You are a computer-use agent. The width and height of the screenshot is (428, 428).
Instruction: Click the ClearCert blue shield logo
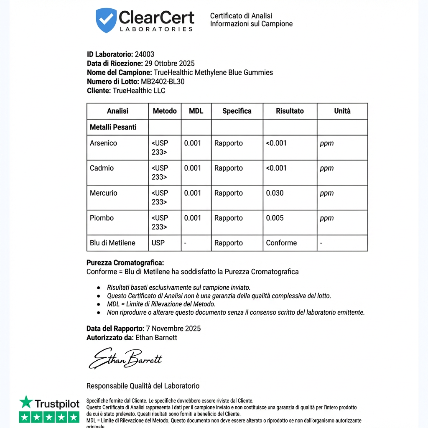pyautogui.click(x=106, y=20)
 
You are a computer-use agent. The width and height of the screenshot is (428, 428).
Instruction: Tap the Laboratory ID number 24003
pyautogui.click(x=144, y=54)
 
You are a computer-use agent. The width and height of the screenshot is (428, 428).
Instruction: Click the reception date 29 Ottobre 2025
pyautogui.click(x=170, y=64)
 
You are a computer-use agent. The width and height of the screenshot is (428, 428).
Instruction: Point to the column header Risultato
pyautogui.click(x=290, y=111)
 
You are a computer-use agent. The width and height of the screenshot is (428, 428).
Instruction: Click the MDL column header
pyautogui.click(x=196, y=111)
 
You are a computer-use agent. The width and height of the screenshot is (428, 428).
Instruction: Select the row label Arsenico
pyautogui.click(x=103, y=143)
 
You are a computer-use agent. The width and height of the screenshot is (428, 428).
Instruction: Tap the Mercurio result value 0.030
pyautogui.click(x=275, y=193)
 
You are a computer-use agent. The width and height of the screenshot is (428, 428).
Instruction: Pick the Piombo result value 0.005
pyautogui.click(x=275, y=218)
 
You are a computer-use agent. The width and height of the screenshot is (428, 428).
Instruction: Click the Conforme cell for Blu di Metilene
pyautogui.click(x=281, y=243)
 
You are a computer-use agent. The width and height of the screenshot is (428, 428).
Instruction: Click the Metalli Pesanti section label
pyautogui.click(x=113, y=127)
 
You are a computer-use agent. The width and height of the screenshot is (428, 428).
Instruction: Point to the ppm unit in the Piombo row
pyautogui.click(x=327, y=218)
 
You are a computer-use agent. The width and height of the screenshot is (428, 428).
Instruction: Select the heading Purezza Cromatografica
pyautogui.click(x=125, y=263)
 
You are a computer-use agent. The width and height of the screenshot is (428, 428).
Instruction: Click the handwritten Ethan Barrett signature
pyautogui.click(x=125, y=358)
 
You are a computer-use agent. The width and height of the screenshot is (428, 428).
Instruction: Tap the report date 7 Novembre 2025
pyautogui.click(x=173, y=329)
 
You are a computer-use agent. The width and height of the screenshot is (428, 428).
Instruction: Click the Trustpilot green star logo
pyautogui.click(x=26, y=403)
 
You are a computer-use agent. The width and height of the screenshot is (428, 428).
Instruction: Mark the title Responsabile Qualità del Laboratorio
pyautogui.click(x=143, y=386)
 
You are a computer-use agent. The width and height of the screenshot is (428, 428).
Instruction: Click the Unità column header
pyautogui.click(x=342, y=111)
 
